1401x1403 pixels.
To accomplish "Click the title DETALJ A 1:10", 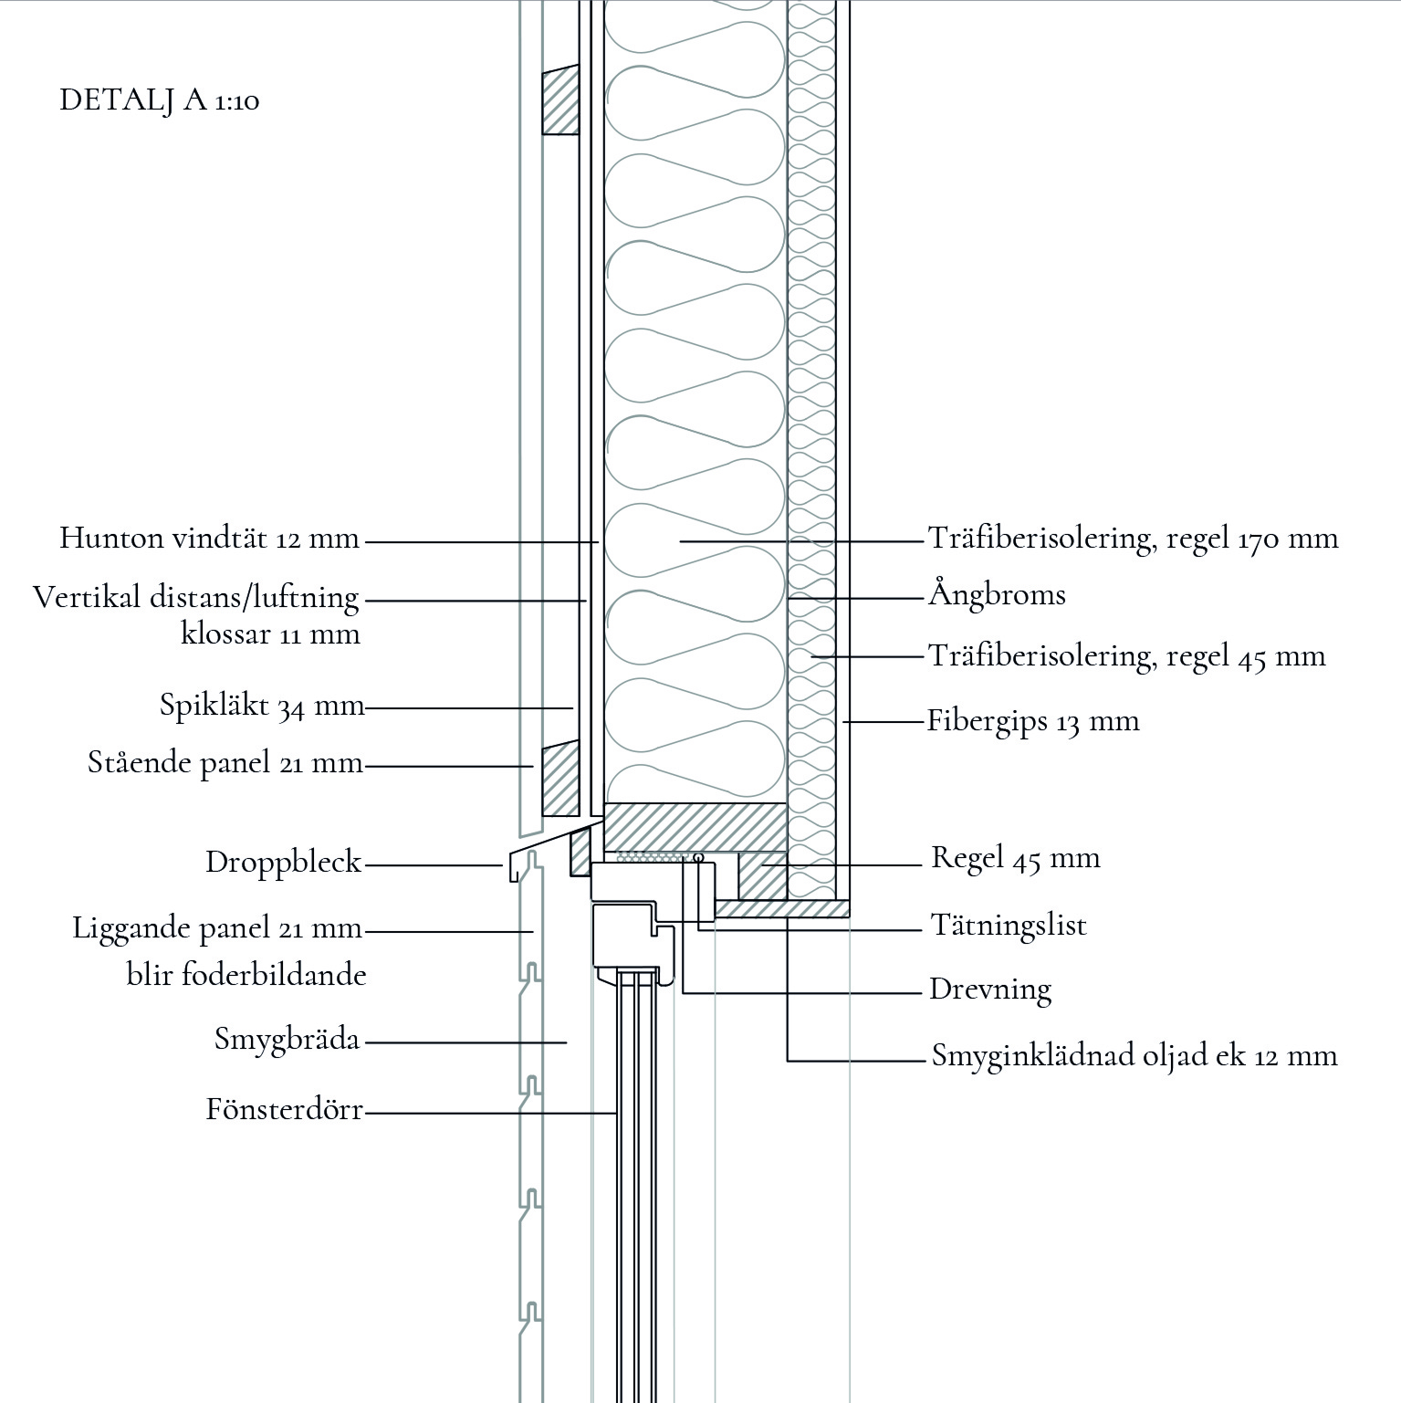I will [160, 99].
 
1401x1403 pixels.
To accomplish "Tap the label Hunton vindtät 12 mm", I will [210, 539].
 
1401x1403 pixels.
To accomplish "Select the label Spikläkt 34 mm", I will [262, 706].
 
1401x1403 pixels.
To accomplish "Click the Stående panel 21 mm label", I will [225, 762].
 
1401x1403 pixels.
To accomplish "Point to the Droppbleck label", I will [284, 863].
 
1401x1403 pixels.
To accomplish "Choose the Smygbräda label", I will [288, 1039].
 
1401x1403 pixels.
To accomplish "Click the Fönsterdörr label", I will [285, 1110].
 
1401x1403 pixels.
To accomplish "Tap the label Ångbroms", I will [997, 595].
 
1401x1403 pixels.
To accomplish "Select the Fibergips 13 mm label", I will [1033, 721].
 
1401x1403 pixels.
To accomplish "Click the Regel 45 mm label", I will [1015, 858].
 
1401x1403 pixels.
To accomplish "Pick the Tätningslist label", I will [1009, 926].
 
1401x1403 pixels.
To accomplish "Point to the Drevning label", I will [990, 989].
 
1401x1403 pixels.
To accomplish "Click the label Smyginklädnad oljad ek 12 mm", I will [1134, 1056].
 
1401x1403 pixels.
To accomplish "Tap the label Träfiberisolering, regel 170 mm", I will [1133, 539].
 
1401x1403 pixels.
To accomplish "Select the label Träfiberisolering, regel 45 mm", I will [1126, 655].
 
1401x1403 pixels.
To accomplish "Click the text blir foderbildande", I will [246, 975].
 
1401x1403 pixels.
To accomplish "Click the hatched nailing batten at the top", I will [560, 101].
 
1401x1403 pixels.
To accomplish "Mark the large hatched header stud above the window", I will [695, 826].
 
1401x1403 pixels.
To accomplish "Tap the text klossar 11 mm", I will [270, 633].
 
